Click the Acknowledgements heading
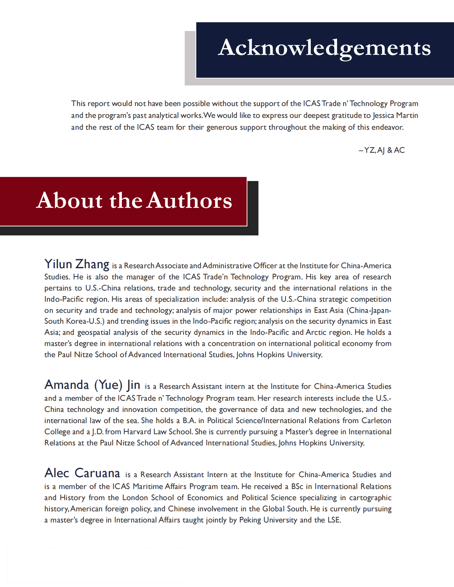click(x=324, y=48)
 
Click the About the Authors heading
click(x=134, y=201)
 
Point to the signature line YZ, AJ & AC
click(x=382, y=150)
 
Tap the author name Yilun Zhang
click(x=77, y=264)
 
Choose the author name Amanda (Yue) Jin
click(x=93, y=385)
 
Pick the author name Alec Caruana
click(x=82, y=473)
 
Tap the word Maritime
click(x=147, y=487)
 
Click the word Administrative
click(x=227, y=266)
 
